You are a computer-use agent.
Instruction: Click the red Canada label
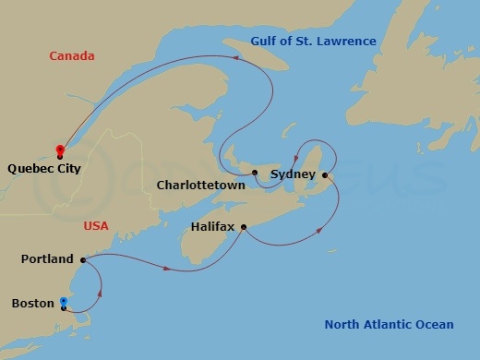pyautogui.click(x=72, y=56)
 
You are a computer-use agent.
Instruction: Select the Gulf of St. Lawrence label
pyautogui.click(x=314, y=41)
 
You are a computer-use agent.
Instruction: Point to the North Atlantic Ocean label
pyautogui.click(x=389, y=324)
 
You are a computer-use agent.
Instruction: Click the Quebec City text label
pyautogui.click(x=43, y=169)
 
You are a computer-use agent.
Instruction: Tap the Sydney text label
pyautogui.click(x=293, y=174)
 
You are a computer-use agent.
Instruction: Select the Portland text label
pyautogui.click(x=47, y=259)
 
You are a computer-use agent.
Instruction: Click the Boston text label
pyautogui.click(x=33, y=303)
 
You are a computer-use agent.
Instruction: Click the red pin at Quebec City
pyautogui.click(x=60, y=150)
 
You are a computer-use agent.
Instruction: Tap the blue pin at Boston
pyautogui.click(x=63, y=302)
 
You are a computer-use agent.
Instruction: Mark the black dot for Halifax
pyautogui.click(x=244, y=227)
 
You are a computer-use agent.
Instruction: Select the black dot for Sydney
pyautogui.click(x=324, y=174)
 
